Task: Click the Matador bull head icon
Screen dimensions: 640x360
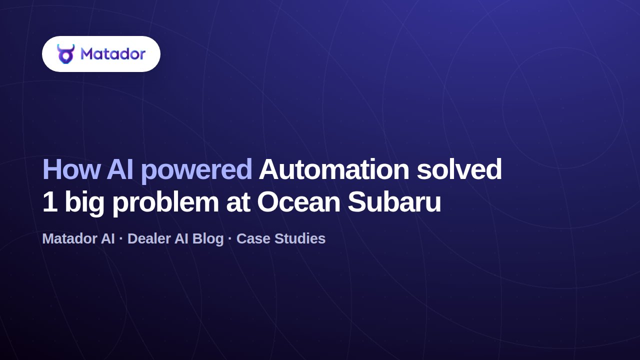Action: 65,53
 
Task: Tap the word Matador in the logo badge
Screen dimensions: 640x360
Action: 113,53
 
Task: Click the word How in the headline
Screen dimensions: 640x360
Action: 71,169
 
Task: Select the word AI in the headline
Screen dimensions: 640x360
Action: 119,169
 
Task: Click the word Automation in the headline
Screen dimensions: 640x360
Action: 333,169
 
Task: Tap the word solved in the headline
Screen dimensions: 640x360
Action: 459,169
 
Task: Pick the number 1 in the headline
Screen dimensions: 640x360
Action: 50,202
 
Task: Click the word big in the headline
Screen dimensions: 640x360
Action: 84,204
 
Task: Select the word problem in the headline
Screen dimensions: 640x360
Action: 165,204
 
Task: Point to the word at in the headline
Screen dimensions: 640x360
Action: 238,202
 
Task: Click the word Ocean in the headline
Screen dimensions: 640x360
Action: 298,202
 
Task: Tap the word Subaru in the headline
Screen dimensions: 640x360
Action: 394,202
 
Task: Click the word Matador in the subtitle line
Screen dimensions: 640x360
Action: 78,238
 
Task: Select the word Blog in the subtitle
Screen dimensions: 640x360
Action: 208,239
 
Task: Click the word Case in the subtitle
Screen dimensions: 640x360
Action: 253,238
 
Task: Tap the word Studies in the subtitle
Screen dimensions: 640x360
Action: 300,238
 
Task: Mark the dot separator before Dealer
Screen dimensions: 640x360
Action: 121,238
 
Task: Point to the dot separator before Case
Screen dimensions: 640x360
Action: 230,238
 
